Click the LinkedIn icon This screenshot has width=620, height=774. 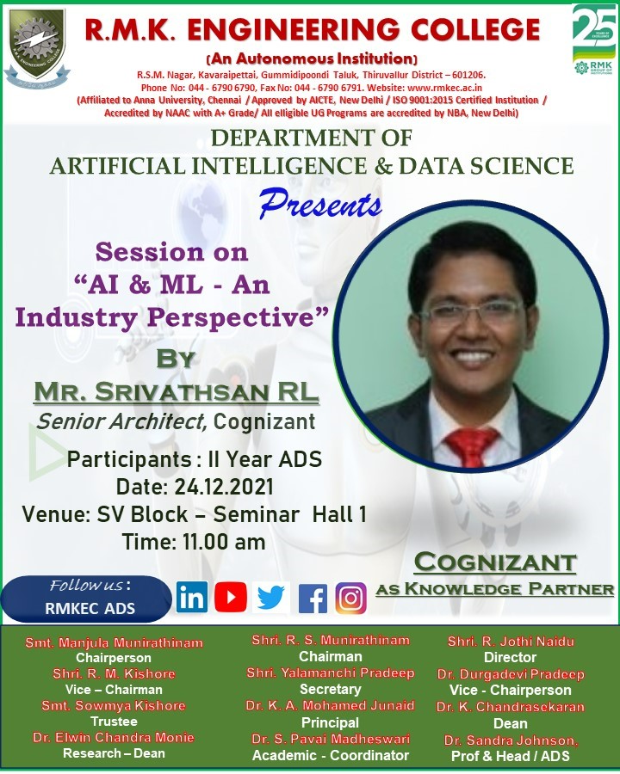(x=192, y=598)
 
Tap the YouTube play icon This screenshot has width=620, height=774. (x=231, y=598)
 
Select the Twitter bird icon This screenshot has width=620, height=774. (x=271, y=598)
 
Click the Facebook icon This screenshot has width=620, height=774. (x=313, y=599)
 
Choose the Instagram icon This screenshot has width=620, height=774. (x=351, y=599)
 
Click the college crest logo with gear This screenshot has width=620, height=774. (x=37, y=48)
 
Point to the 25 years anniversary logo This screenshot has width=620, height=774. (x=594, y=40)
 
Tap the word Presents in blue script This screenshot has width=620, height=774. (x=320, y=205)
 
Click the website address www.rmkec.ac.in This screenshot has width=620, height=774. (x=444, y=88)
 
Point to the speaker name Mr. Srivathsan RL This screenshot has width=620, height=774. (x=176, y=392)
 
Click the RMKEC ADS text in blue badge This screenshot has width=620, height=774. (x=90, y=608)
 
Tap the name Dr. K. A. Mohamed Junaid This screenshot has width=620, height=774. (x=330, y=705)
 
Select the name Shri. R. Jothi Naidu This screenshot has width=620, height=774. (x=511, y=642)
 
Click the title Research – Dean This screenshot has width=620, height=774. (x=114, y=753)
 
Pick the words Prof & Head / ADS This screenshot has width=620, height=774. (x=511, y=756)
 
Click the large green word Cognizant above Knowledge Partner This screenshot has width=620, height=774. (x=495, y=562)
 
